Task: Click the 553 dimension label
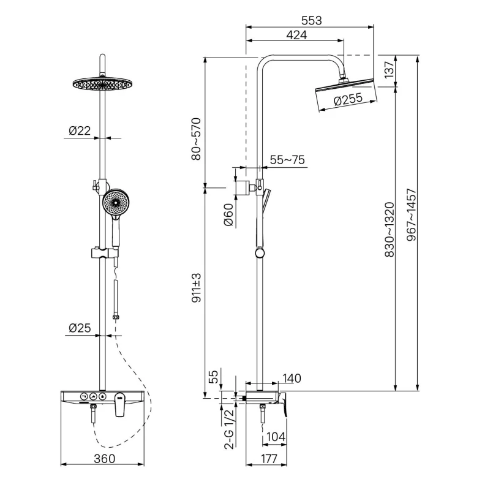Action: click(x=311, y=21)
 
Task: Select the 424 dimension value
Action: click(x=296, y=35)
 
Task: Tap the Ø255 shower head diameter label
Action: click(x=348, y=99)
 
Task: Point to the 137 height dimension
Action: click(x=389, y=70)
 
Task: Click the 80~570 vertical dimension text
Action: click(x=196, y=139)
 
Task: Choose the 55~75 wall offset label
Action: click(x=287, y=160)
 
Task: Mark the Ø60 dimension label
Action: click(x=228, y=214)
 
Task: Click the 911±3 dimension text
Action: click(x=196, y=287)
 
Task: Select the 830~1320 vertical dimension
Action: click(x=390, y=230)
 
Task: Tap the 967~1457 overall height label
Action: click(x=412, y=215)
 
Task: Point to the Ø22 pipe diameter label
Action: click(x=80, y=130)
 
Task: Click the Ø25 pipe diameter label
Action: click(x=80, y=328)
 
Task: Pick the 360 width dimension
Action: click(x=104, y=458)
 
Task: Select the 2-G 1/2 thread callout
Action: click(x=228, y=429)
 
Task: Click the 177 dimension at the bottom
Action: click(x=269, y=458)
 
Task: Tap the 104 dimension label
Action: click(x=276, y=437)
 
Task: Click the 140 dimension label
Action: click(x=292, y=379)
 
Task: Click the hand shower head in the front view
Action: click(x=115, y=202)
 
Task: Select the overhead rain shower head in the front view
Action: click(x=102, y=84)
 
